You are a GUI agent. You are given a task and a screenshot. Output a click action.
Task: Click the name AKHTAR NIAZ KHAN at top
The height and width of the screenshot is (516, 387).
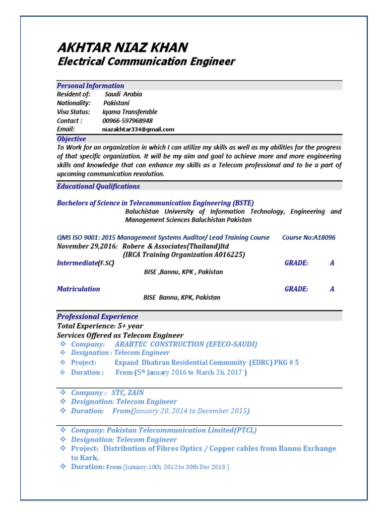coord(122,48)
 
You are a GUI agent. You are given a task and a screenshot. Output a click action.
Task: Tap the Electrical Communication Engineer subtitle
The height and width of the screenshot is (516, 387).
coord(146,62)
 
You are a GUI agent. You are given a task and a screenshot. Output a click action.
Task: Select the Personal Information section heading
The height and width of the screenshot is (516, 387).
coord(91,86)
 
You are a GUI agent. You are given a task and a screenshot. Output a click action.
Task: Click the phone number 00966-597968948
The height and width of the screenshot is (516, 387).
coord(127,120)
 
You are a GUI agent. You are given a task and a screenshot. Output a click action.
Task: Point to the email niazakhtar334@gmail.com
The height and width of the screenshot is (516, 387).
coord(138,129)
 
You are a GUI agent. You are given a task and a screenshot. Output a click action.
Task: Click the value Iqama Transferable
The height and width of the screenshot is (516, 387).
coord(130,112)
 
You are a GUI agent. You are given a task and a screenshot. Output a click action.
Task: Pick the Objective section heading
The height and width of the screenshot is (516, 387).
coord(72,139)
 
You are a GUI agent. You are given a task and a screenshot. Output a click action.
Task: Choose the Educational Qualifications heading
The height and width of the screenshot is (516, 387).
coord(98,186)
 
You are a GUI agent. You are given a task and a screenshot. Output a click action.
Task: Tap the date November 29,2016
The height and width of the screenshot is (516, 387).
coord(87,246)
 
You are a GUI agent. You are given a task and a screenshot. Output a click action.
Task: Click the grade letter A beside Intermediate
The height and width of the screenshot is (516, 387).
coord(332,263)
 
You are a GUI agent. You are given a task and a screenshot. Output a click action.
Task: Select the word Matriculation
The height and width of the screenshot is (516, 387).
coord(78,289)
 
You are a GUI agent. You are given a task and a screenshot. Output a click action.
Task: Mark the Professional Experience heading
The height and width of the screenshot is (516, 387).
coord(97,316)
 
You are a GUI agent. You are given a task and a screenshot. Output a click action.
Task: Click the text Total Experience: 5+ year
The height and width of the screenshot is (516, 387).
coord(100,326)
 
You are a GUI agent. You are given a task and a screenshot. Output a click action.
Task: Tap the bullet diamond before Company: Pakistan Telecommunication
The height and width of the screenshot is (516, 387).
coord(63,430)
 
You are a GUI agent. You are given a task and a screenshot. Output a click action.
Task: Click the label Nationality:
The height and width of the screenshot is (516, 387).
coord(74,103)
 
